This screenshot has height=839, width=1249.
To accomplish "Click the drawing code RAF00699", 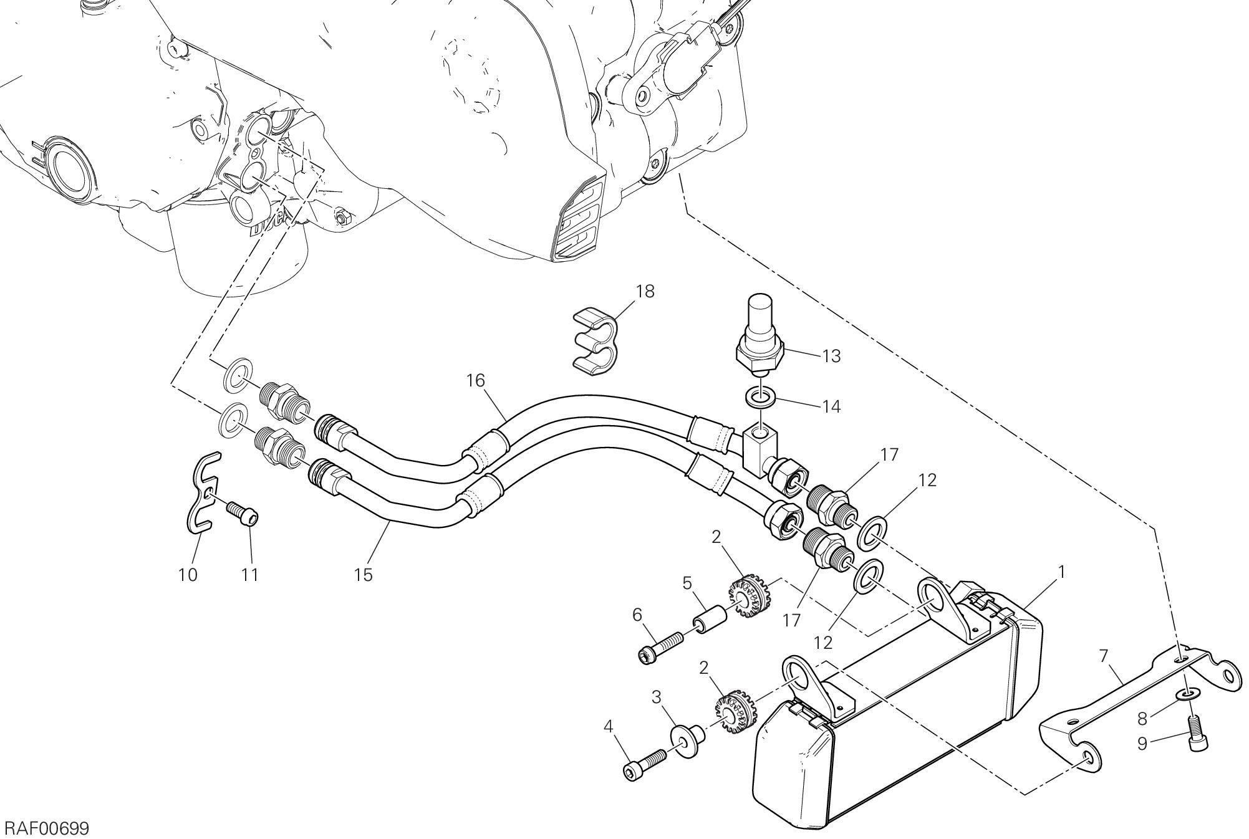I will (x=47, y=828).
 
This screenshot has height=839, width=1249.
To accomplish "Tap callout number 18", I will (x=645, y=291).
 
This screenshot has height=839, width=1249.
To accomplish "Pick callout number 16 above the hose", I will (x=476, y=380).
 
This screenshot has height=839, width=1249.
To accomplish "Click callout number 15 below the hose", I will (x=363, y=574).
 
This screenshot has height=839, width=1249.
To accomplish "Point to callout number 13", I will (x=831, y=356).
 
